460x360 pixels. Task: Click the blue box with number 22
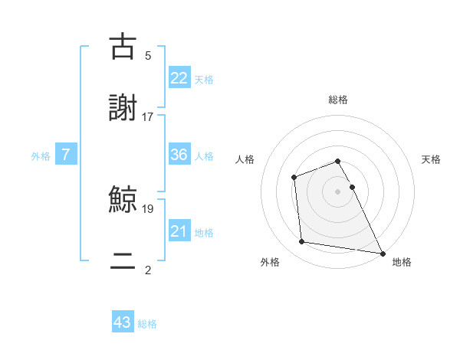click(179, 77)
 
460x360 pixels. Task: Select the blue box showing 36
click(179, 155)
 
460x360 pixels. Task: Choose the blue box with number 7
click(66, 155)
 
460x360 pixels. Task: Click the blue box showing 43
click(123, 322)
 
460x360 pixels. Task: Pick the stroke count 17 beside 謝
click(148, 116)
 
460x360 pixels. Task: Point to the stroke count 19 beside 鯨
click(148, 208)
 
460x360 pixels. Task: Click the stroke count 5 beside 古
click(148, 55)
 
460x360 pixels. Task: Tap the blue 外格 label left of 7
click(41, 155)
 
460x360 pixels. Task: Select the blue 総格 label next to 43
click(147, 323)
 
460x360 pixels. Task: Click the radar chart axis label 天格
click(432, 159)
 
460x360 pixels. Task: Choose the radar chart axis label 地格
click(402, 262)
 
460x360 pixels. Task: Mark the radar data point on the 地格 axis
click(382, 252)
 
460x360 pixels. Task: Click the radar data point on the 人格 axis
click(294, 178)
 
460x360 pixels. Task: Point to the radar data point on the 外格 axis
click(302, 242)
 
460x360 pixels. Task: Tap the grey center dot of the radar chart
click(338, 191)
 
